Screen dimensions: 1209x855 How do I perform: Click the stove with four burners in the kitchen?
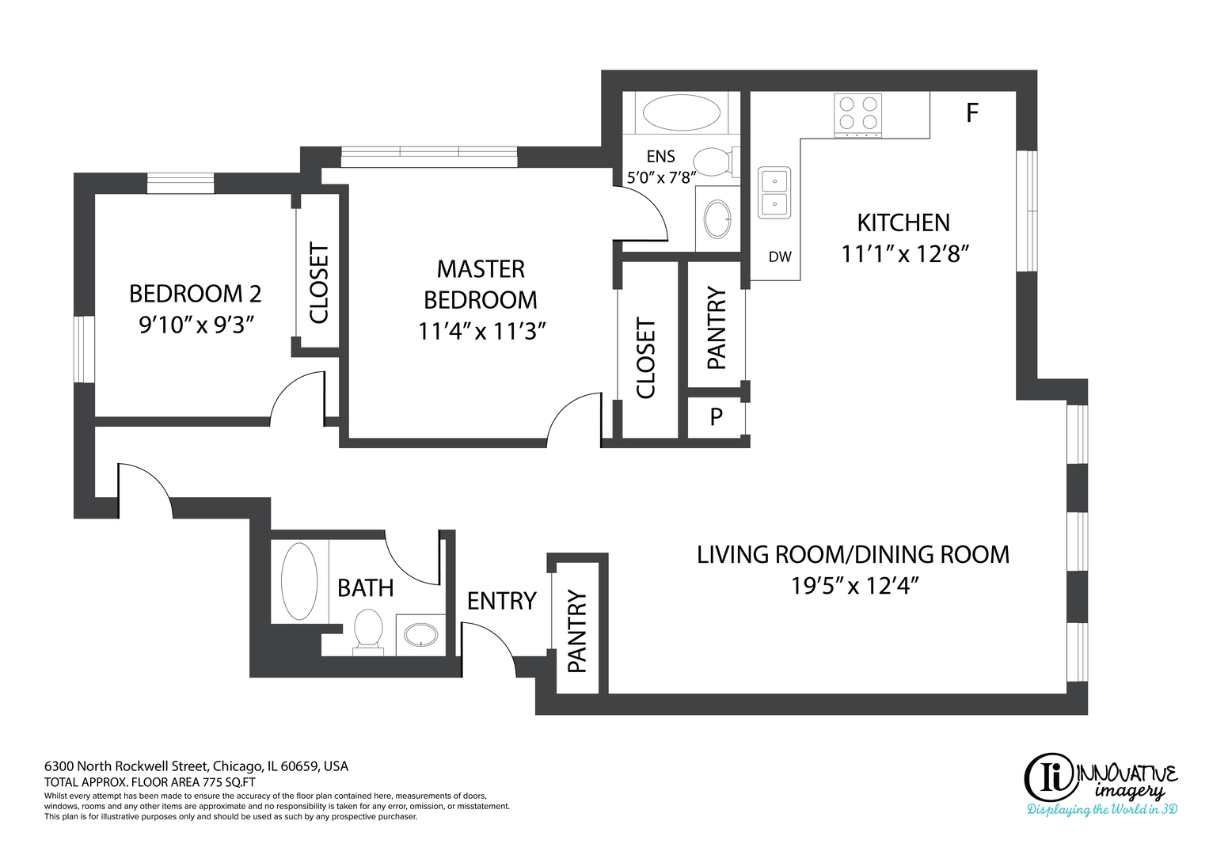(x=857, y=115)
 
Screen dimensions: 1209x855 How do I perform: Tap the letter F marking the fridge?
(x=972, y=112)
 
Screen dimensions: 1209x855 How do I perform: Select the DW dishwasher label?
(x=780, y=257)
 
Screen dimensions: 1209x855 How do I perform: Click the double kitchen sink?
(x=774, y=192)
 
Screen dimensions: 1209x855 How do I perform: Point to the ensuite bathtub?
(x=681, y=112)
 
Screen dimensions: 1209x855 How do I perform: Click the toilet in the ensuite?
(x=716, y=162)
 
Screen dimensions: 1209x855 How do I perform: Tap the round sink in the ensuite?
(x=717, y=219)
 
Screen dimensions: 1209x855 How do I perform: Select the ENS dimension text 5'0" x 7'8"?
(x=661, y=177)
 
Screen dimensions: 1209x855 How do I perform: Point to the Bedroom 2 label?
(x=196, y=294)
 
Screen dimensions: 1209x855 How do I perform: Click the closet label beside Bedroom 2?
(x=319, y=283)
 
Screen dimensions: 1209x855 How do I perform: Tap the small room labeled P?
(x=717, y=416)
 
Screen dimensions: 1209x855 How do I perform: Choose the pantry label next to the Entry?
(x=577, y=632)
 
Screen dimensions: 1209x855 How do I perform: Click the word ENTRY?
(x=501, y=601)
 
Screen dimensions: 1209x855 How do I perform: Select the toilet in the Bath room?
(x=368, y=632)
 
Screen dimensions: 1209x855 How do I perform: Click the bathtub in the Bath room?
(x=299, y=581)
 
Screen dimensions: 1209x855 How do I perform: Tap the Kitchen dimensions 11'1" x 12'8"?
(x=906, y=253)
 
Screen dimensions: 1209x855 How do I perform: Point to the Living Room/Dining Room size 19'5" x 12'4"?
(x=854, y=586)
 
